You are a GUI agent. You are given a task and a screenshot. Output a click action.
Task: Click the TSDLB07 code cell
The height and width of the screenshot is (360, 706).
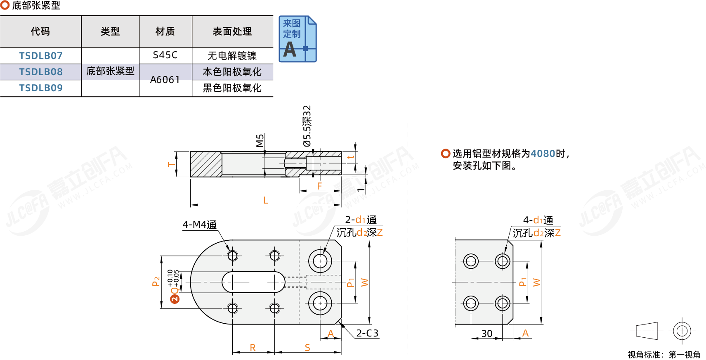[x=41, y=56]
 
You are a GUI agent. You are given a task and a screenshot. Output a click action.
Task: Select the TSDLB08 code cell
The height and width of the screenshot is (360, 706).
[x=41, y=72]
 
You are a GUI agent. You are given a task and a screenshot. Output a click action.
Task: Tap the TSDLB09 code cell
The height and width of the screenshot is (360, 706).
[x=41, y=88]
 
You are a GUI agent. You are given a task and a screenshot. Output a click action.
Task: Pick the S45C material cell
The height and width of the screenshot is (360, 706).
[x=165, y=55]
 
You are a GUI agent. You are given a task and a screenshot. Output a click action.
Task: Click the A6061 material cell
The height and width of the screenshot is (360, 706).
[x=165, y=80]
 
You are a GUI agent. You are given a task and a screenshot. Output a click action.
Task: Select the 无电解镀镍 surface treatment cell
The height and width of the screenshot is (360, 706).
[x=232, y=56]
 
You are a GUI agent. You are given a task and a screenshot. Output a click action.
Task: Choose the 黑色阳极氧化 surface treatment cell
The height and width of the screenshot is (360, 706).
[x=232, y=88]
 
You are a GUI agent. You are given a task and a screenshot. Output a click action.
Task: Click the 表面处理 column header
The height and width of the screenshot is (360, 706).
[x=232, y=31]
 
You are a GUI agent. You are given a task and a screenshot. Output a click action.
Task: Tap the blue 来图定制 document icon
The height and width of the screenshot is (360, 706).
[x=298, y=39]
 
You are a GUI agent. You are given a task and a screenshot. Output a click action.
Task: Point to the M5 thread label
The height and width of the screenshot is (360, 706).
[x=260, y=140]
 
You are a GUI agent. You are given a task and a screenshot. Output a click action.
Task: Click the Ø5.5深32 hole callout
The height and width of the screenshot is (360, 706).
[x=307, y=126]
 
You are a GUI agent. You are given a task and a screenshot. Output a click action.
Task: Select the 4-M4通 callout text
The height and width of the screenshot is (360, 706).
[x=200, y=225]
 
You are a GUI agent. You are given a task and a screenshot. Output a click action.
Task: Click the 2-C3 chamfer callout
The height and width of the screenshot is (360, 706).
[x=367, y=333]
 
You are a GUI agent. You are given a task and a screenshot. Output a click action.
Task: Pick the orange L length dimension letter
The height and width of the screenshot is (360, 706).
[x=266, y=200]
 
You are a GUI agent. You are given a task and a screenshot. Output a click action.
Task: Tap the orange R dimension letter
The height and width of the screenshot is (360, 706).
[x=253, y=348]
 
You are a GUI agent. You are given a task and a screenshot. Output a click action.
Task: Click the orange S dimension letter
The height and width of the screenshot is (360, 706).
[x=307, y=348]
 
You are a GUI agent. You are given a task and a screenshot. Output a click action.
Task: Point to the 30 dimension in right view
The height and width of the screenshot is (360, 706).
[x=487, y=334]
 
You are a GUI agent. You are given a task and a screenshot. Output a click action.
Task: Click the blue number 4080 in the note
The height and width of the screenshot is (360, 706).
[x=543, y=154]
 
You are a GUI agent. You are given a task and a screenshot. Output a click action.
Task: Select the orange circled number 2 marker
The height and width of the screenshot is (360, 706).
[x=175, y=299]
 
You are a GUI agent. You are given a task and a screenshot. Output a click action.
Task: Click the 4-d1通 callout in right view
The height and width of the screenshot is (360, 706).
[x=538, y=220]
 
